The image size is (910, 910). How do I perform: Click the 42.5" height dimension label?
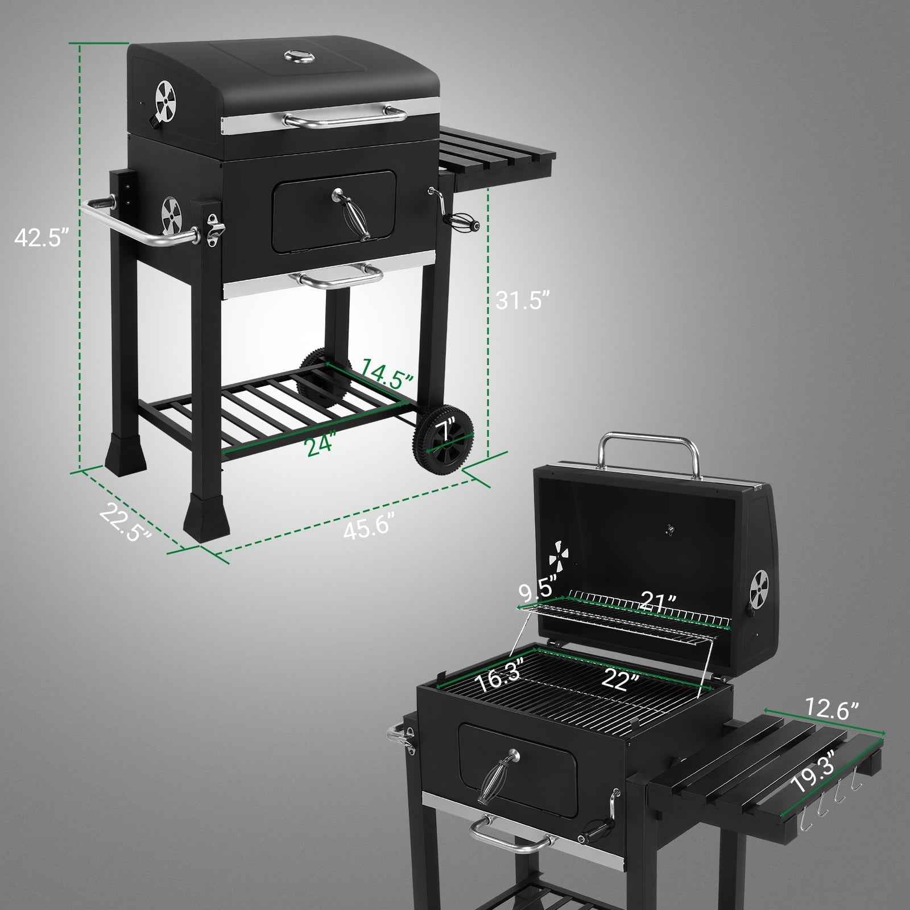coord(41,237)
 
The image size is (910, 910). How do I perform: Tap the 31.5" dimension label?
coord(523,300)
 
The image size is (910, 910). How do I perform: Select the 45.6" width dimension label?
coord(369,528)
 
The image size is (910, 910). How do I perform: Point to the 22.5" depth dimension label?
coord(126,522)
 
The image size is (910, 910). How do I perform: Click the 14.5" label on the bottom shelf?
coord(386,373)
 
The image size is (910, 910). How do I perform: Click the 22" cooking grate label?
coord(621,679)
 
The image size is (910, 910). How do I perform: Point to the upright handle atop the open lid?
coord(650,449)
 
